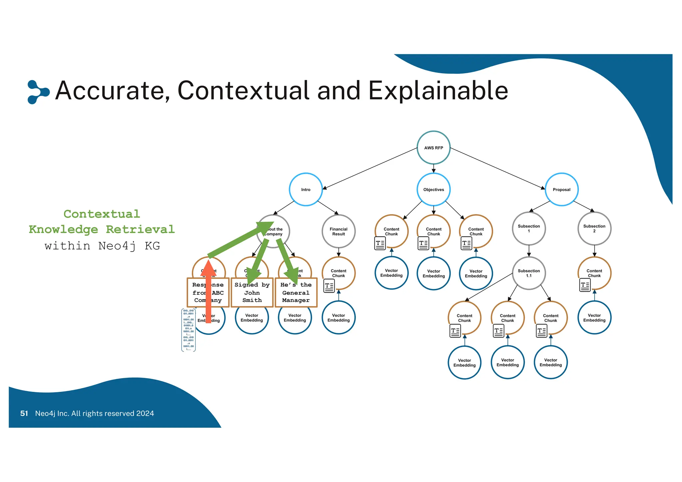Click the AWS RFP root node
pos(433,147)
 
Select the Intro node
pos(305,189)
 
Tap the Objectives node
pos(433,189)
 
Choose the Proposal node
pos(561,189)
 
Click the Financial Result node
pos(338,231)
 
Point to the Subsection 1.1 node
pos(528,273)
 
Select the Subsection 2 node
pos(594,228)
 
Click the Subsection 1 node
pos(528,228)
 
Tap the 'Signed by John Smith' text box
pos(252,293)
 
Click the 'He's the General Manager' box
pos(296,293)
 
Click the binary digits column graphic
pos(188,330)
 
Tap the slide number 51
pos(24,413)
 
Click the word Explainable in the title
pos(438,91)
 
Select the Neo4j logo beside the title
pos(38,92)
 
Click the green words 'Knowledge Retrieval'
pos(102,229)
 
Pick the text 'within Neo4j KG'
pos(102,246)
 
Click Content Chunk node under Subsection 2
pos(594,273)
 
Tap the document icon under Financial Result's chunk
pos(329,286)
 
